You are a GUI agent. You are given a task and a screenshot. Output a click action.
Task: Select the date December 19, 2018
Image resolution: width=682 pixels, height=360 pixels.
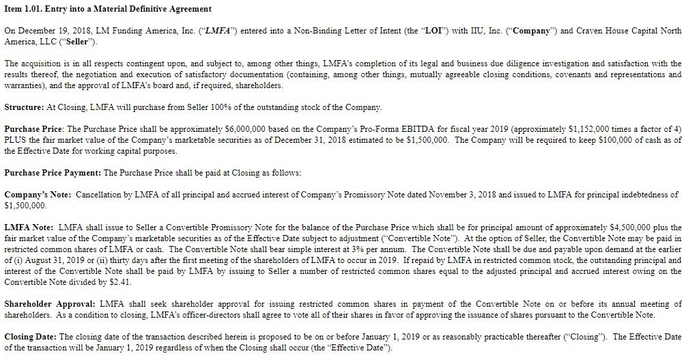[49, 31]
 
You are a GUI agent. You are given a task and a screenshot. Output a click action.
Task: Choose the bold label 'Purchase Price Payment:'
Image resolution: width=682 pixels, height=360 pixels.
[52, 173]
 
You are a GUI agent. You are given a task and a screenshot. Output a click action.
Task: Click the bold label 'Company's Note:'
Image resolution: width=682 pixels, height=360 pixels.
[38, 195]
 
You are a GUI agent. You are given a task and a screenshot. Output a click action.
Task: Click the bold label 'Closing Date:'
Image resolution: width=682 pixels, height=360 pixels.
[31, 337]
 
